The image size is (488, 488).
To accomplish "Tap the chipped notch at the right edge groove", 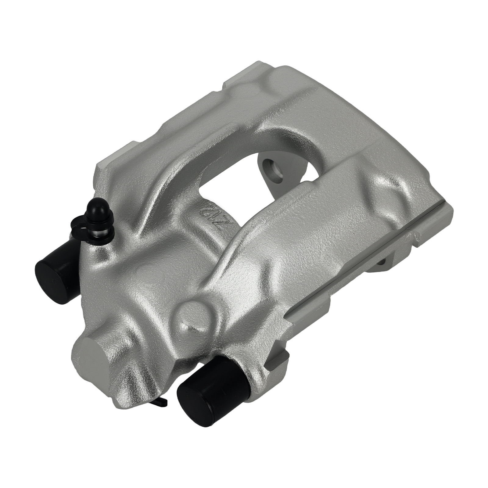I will point(417,240).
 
